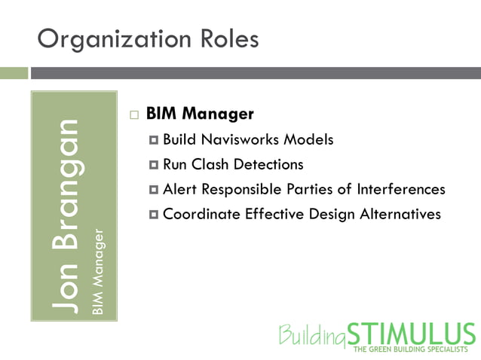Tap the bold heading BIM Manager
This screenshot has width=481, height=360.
(x=200, y=114)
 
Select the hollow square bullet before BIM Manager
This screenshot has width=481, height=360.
(x=134, y=115)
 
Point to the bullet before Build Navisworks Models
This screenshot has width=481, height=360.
(x=154, y=140)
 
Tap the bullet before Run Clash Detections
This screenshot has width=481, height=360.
(x=154, y=165)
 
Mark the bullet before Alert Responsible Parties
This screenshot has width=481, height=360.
(x=154, y=190)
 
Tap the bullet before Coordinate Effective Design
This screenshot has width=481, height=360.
(x=154, y=215)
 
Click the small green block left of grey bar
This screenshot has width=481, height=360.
(x=14, y=73)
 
